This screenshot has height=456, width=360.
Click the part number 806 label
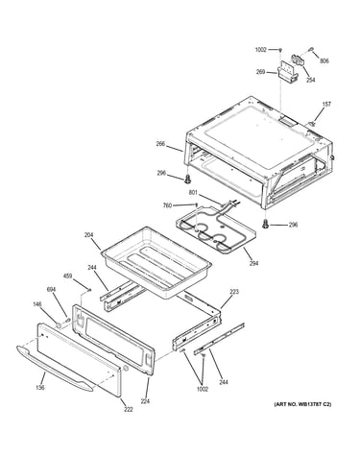(324, 60)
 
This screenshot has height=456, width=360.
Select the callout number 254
(310, 80)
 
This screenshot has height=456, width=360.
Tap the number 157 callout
(326, 104)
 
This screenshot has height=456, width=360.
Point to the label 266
(160, 144)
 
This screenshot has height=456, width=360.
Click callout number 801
(194, 193)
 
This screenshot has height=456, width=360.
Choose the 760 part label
(168, 205)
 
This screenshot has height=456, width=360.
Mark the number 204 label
(88, 235)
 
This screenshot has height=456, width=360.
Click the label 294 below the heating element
(253, 263)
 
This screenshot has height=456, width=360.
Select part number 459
(67, 276)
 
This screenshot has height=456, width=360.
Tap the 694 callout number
(51, 290)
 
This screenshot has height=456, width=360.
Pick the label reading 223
(234, 292)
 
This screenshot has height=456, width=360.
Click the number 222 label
(128, 409)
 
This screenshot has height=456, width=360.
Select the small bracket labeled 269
(287, 73)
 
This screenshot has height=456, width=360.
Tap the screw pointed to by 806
(311, 49)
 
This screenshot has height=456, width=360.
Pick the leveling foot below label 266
(188, 180)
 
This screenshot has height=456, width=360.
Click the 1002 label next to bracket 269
(261, 50)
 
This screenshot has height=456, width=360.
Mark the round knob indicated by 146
(59, 325)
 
